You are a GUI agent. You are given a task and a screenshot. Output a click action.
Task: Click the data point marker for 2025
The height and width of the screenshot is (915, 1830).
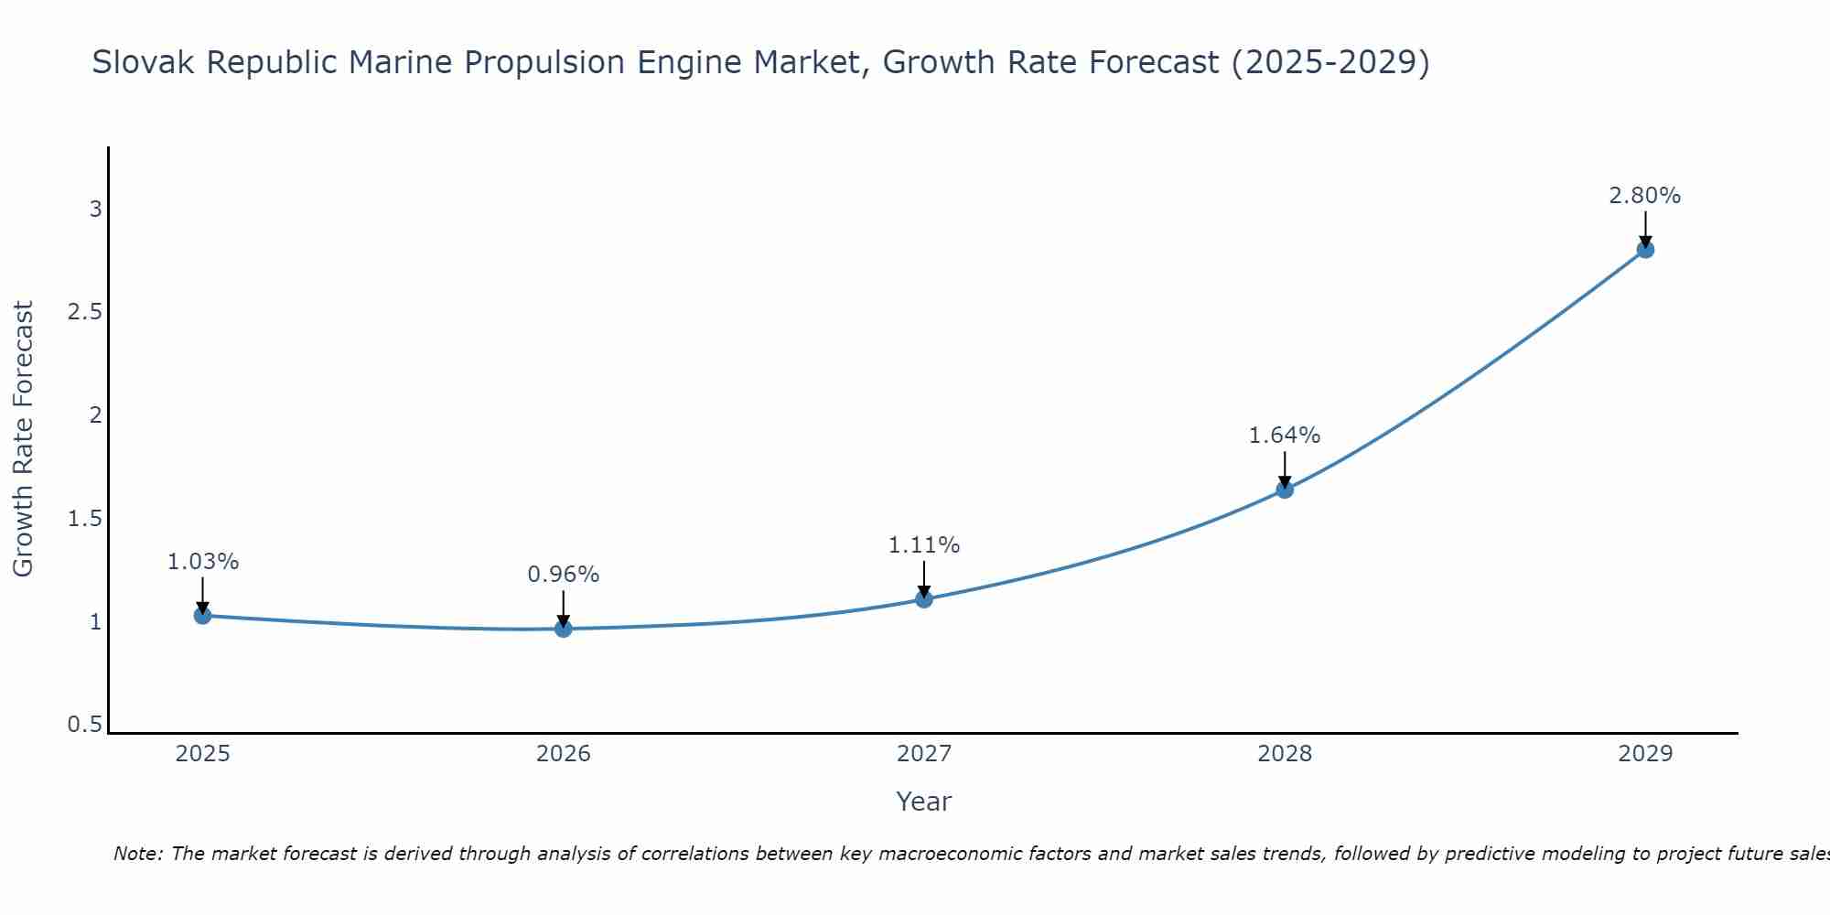203,616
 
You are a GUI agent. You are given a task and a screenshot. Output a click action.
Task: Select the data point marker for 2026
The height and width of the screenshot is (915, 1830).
564,629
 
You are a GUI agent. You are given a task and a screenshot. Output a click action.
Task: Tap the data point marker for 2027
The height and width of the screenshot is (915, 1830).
924,599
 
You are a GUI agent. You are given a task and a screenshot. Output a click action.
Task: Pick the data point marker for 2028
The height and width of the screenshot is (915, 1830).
1285,490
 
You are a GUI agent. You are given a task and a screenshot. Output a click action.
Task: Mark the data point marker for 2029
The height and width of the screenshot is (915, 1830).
1645,249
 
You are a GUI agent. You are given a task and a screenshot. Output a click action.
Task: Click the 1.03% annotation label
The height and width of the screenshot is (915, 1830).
203,562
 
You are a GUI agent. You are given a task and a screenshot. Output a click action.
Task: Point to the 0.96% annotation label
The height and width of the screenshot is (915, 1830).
564,575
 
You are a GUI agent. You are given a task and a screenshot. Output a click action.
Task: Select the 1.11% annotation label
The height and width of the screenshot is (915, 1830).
924,545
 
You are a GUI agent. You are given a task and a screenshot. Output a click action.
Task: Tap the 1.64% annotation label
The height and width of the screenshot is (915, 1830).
1285,436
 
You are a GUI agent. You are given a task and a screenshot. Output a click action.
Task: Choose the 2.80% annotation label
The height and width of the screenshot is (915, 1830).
1645,196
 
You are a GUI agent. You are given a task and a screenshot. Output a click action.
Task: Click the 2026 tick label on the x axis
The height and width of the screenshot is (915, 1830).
564,754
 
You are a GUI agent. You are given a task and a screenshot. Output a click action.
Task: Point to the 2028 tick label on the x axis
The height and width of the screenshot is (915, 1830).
1285,754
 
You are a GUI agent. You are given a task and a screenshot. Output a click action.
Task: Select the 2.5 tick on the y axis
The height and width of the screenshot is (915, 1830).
84,312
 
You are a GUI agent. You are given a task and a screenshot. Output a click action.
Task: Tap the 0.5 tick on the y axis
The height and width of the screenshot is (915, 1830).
84,725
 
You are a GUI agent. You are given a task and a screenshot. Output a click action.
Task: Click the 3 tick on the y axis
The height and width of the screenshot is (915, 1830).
95,210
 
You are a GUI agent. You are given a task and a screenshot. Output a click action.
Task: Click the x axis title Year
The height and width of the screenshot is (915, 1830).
924,802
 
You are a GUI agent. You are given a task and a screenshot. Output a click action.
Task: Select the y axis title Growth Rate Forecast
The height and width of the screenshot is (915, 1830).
23,439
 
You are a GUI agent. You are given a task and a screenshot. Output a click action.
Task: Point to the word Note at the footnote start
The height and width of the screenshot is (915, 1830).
137,854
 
